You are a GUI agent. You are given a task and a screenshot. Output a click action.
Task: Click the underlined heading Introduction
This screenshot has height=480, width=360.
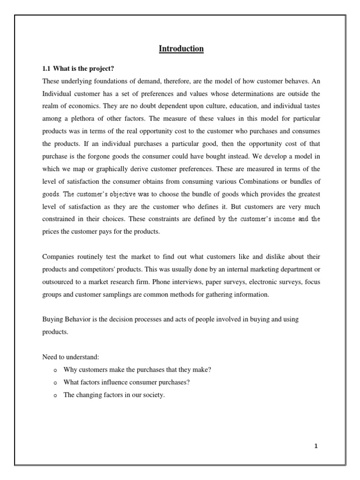[x=181, y=49]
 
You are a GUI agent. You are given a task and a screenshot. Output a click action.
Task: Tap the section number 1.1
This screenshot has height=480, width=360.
[x=47, y=68]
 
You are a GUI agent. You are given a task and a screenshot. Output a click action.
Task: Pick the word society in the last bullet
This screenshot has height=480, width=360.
[x=154, y=395]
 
